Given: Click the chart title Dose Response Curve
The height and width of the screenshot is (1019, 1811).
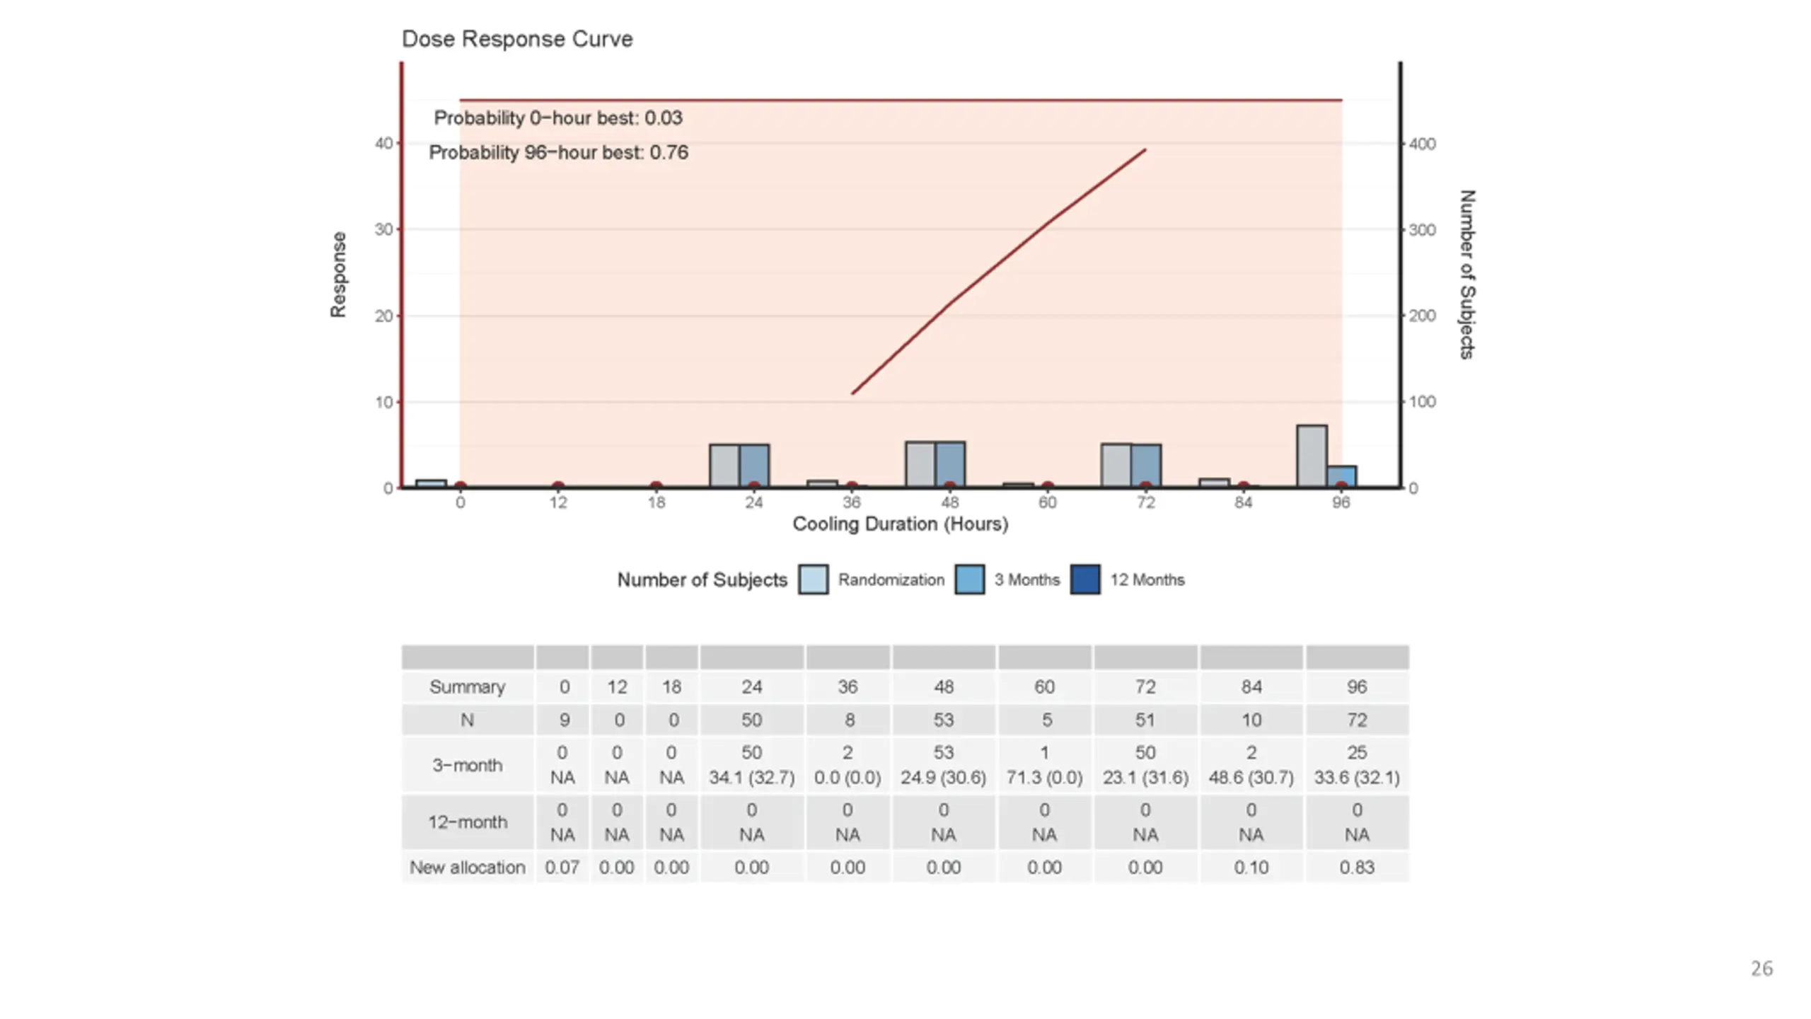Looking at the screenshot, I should point(516,39).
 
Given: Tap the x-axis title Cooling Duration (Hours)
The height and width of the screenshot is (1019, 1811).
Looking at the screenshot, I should point(900,524).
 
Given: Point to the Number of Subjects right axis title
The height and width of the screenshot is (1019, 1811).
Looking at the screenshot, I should point(1467,275).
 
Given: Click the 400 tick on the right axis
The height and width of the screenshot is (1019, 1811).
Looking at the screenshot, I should point(1422,144).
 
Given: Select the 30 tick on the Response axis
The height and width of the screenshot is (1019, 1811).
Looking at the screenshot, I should point(383,230).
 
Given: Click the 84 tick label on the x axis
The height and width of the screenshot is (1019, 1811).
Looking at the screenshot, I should point(1243,503).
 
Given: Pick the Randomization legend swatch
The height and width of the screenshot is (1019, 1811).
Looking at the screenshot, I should point(813,580).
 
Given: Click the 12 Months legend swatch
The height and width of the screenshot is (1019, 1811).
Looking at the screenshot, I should point(1084,580).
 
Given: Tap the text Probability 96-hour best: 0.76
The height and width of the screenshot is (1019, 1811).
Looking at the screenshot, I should point(558,153).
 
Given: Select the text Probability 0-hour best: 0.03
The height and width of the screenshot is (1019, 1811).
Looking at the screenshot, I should point(558,118).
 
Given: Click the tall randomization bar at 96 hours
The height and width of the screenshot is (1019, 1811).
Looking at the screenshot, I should point(1311,456).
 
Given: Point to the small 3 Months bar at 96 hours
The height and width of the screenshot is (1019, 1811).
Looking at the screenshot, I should point(1341,476).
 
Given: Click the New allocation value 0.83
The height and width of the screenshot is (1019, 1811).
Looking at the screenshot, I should point(1356,868).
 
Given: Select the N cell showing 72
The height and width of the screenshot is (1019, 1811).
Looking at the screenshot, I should point(1356,720).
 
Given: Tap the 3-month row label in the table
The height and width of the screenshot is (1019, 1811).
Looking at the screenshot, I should point(467,765).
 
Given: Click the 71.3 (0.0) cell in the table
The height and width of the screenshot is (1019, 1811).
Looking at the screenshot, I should point(1044,778).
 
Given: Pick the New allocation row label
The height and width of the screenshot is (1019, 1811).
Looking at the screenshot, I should point(467,868).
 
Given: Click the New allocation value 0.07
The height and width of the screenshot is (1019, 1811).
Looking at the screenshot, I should point(562,868).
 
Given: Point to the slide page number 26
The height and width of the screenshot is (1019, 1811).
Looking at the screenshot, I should point(1761,969).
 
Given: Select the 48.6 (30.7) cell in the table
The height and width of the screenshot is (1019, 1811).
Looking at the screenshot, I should point(1251,778).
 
